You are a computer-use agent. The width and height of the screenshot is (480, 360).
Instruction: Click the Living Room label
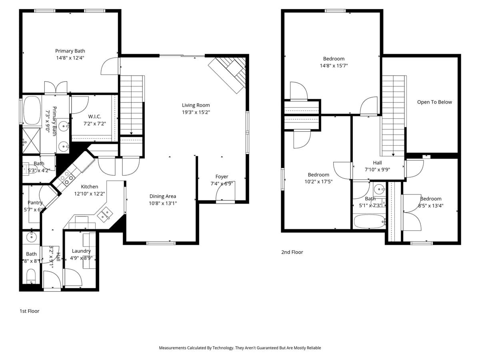196,105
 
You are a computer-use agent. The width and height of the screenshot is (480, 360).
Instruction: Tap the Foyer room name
222,176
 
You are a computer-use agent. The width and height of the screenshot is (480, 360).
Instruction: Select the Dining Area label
163,196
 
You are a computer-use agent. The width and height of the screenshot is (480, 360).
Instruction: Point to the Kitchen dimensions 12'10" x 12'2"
90,194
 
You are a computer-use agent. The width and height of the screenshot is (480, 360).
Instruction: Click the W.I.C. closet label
94,116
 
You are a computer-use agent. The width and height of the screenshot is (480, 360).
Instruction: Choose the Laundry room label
81,251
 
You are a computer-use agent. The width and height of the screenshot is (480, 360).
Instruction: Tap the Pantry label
35,203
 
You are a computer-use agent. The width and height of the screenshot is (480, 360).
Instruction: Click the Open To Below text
434,102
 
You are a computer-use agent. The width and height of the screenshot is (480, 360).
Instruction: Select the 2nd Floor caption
292,252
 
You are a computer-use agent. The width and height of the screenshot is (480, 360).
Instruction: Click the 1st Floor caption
30,311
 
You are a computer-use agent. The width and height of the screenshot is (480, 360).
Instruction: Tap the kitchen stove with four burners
66,178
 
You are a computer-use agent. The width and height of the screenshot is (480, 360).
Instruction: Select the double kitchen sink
105,214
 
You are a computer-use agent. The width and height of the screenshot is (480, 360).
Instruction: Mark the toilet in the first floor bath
31,276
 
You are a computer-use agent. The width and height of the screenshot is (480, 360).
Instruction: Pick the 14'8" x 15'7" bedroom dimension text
334,66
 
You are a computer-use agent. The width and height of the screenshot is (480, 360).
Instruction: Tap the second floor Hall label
377,162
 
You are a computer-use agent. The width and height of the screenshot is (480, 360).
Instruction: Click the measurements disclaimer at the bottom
240,348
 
